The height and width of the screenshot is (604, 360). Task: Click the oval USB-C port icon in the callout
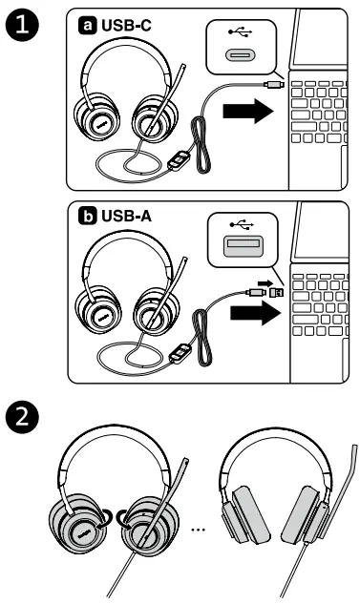coord(240,56)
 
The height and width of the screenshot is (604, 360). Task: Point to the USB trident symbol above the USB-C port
coord(240,31)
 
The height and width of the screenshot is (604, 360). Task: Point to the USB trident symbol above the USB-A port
coord(240,226)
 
